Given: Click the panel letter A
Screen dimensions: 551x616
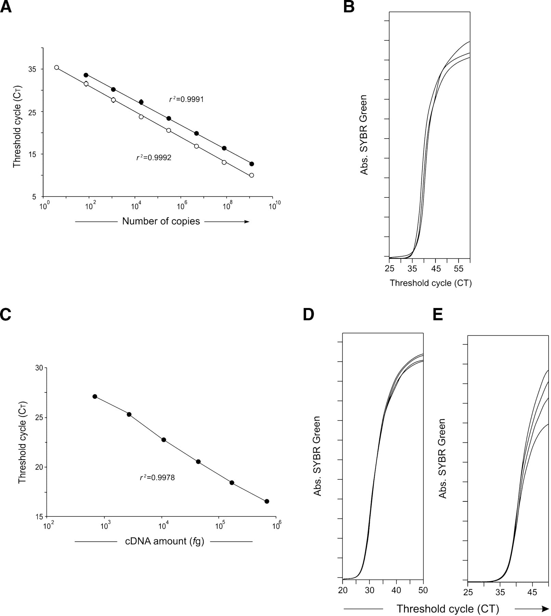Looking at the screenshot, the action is (x=6, y=7).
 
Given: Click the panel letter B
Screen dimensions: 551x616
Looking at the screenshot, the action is (x=349, y=7).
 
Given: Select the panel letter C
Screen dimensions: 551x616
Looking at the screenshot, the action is (x=6, y=314).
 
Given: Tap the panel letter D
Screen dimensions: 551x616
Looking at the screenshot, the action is (x=309, y=314).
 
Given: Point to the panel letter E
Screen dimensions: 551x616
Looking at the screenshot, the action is (x=438, y=314).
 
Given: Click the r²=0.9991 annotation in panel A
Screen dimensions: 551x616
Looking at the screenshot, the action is (x=186, y=99).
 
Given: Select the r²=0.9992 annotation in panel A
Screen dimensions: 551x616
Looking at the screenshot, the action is (x=154, y=157).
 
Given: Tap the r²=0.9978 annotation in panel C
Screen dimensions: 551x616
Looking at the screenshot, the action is (x=157, y=477).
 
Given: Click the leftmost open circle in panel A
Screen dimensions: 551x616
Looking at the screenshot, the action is (x=57, y=67).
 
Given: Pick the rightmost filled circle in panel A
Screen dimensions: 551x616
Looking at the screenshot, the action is (x=252, y=164).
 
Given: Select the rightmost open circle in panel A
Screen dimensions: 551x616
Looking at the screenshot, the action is (x=252, y=175).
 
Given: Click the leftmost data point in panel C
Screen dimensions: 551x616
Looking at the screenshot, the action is (x=95, y=396).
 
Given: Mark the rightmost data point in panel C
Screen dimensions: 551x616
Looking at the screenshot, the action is (x=267, y=501).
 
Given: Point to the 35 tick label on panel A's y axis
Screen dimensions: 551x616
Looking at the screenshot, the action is (x=32, y=69).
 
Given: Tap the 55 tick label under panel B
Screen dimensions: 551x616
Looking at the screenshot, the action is (x=459, y=269).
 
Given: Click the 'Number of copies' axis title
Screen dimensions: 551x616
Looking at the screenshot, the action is (x=161, y=221).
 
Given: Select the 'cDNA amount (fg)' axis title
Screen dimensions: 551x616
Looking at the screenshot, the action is (x=165, y=541).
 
